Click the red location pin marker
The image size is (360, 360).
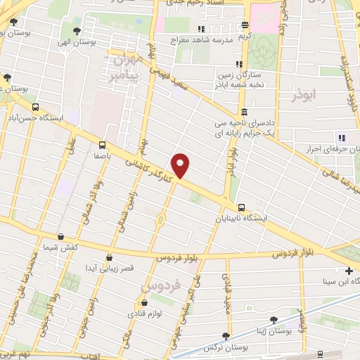point(181,165)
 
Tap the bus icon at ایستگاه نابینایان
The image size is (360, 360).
point(242,207)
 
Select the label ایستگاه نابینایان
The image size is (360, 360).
point(242,219)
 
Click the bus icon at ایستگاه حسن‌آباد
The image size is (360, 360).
point(35,107)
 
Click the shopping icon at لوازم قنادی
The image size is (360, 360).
point(144,303)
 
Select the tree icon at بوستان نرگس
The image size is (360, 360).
point(225,336)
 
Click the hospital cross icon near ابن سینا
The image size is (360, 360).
point(349,271)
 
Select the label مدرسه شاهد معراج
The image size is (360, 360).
point(202,40)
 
